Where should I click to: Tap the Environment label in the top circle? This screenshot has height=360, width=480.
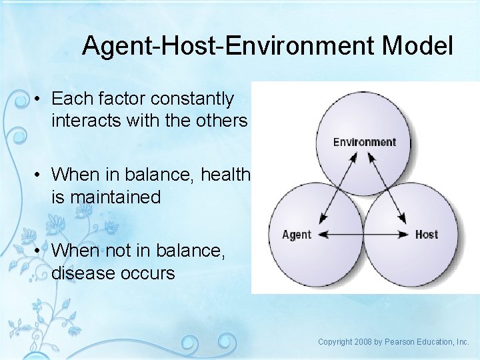pos(364,142)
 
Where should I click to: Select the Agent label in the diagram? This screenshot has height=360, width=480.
pos(297,235)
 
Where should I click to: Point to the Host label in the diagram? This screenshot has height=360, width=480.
pos(426,235)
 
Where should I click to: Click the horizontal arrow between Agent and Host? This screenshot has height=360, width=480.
pos(363,235)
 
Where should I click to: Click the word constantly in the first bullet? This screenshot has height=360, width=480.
pos(193,99)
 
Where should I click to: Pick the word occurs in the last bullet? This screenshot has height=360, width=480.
pos(150,273)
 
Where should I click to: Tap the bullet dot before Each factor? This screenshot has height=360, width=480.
pos(39,99)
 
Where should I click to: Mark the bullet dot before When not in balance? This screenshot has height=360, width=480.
pos(39,251)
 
